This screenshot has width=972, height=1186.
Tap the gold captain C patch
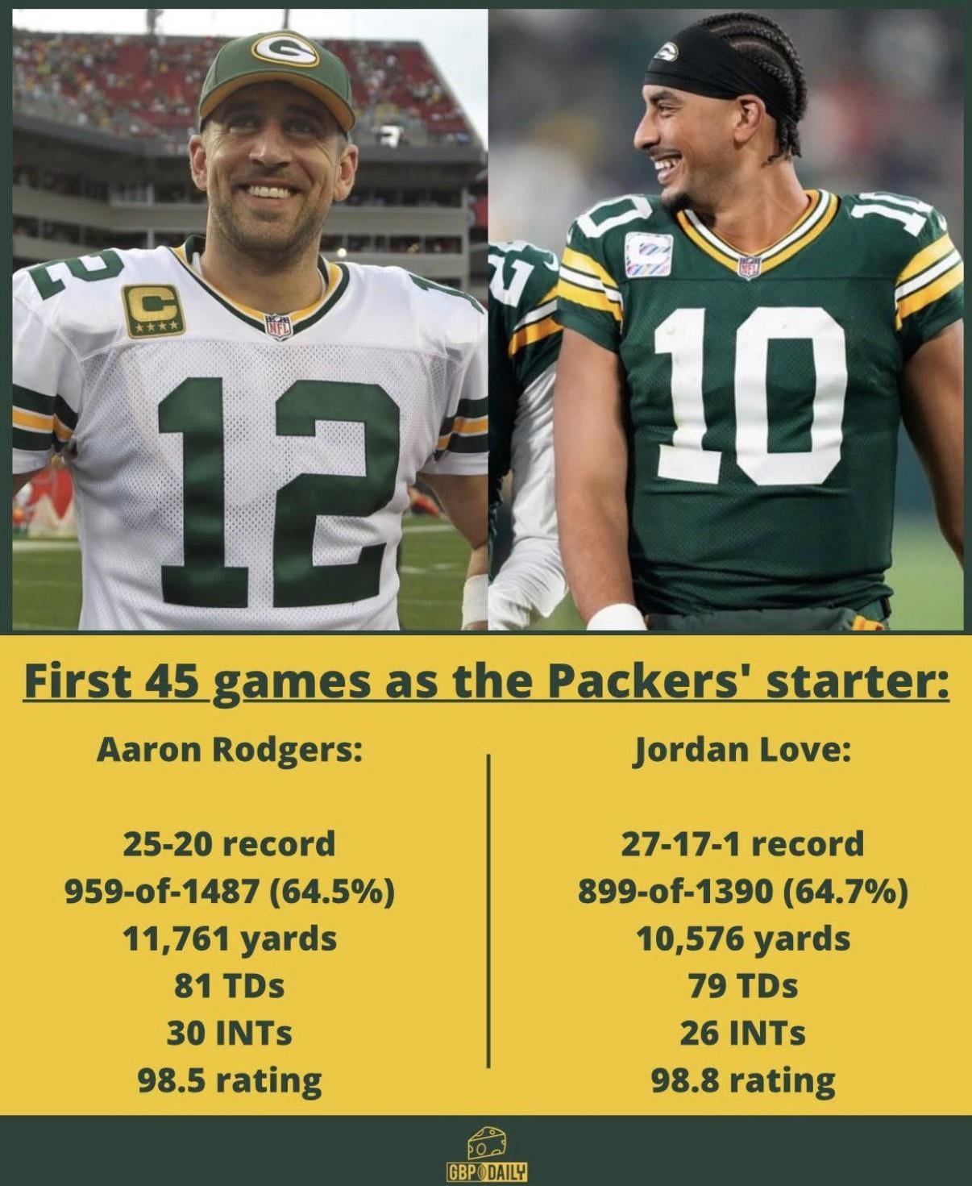point(153,310)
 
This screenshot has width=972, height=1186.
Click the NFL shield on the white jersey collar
point(277,326)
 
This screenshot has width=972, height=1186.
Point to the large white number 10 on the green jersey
point(750,395)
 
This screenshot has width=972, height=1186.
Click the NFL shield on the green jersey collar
point(750,265)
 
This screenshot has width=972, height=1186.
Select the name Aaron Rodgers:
point(230,750)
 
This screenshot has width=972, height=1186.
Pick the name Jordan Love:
point(742,750)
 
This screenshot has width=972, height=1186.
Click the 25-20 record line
point(230,844)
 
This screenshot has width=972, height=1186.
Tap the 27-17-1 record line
point(742,844)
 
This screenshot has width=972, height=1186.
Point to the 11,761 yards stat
point(230,938)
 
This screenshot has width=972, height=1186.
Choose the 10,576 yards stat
point(742,938)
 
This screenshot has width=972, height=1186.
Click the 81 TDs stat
point(230,985)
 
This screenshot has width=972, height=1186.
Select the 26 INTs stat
point(742,1033)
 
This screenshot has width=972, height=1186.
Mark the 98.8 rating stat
point(742,1080)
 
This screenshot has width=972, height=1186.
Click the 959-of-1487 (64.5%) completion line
point(230,892)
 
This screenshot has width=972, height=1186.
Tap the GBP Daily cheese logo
point(487,1155)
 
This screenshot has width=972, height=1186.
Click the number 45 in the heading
point(172,681)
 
